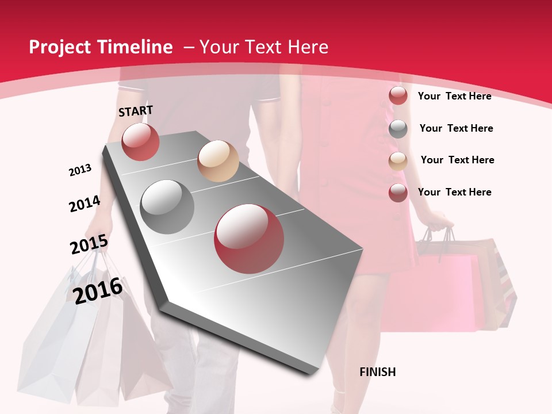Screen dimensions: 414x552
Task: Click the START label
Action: pyautogui.click(x=136, y=111)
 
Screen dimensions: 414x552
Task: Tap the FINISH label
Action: pyautogui.click(x=377, y=372)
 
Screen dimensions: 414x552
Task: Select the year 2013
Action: pyautogui.click(x=80, y=170)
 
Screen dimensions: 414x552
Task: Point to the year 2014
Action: pyautogui.click(x=85, y=204)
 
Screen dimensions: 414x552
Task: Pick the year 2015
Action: pyautogui.click(x=89, y=245)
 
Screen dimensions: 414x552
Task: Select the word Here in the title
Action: pyautogui.click(x=308, y=47)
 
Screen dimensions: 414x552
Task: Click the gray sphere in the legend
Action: pyautogui.click(x=398, y=129)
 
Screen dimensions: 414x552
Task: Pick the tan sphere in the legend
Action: pyautogui.click(x=398, y=160)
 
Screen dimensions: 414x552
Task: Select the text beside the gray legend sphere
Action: pyautogui.click(x=456, y=128)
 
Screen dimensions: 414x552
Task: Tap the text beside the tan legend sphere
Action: pyautogui.click(x=457, y=160)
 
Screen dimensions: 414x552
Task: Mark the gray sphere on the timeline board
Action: pyautogui.click(x=167, y=206)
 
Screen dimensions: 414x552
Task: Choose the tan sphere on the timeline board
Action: pyautogui.click(x=218, y=160)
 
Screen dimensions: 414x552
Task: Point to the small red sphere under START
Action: pyautogui.click(x=140, y=141)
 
